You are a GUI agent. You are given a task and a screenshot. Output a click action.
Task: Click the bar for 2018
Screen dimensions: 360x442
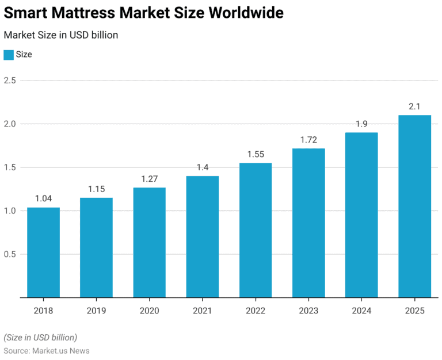point(43,252)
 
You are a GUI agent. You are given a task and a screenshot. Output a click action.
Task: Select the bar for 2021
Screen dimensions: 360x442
point(203,236)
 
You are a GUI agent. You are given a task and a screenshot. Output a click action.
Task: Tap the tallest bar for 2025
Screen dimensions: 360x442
point(414,206)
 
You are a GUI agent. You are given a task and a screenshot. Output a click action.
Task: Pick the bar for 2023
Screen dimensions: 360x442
point(308,223)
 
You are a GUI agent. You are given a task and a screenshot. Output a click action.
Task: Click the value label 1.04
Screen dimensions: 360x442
point(43,198)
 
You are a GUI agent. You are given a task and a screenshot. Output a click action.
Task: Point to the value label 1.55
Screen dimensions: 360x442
point(256,154)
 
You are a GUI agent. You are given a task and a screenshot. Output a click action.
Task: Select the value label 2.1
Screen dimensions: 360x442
point(414,106)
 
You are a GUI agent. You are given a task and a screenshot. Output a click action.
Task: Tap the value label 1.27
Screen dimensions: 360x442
point(150,178)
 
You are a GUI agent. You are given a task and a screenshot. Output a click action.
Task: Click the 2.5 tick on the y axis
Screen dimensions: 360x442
point(10,81)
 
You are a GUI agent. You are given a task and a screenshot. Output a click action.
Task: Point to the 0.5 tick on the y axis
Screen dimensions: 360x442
point(10,254)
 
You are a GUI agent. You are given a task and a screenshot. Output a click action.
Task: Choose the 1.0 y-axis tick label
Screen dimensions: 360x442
point(10,211)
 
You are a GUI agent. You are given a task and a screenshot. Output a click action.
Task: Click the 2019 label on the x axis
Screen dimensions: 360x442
point(96,311)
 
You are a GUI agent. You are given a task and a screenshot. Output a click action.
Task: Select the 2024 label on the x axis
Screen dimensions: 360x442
point(361,311)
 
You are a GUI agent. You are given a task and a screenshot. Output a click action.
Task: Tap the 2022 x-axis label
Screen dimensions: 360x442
point(256,311)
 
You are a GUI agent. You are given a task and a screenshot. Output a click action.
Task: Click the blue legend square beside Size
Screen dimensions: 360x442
point(9,55)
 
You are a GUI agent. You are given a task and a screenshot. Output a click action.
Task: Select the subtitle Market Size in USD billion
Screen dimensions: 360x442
point(61,35)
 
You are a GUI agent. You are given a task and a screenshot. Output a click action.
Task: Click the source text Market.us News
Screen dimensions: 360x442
point(61,350)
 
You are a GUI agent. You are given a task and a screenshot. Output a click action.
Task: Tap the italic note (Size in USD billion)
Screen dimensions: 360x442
point(40,337)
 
